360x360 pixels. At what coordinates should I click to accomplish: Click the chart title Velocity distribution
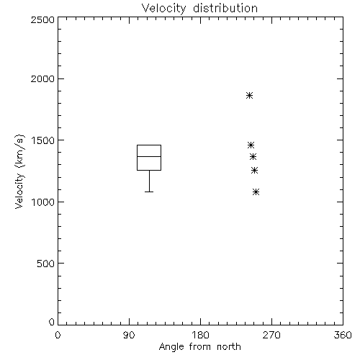199,8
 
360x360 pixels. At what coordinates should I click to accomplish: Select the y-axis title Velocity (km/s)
19,171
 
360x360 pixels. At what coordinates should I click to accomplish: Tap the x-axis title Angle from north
199,347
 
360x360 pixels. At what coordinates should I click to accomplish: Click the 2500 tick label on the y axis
42,19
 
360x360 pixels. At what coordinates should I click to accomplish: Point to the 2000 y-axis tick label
42,78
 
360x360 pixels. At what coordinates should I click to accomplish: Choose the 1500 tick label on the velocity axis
43,140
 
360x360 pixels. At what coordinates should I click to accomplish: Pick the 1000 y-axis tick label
43,202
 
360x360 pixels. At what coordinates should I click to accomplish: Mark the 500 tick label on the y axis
45,264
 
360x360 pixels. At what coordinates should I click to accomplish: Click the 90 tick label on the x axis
129,335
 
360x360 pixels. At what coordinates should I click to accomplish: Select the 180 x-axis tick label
200,335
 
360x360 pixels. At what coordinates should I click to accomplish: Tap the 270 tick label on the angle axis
271,335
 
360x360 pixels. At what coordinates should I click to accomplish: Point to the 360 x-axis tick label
343,335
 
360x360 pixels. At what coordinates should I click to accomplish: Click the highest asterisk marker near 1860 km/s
249,96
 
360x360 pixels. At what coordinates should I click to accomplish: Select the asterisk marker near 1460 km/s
251,145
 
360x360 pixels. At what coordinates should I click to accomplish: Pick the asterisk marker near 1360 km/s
253,157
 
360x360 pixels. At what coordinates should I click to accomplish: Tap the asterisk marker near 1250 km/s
254,171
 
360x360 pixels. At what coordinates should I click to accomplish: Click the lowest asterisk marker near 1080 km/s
256,192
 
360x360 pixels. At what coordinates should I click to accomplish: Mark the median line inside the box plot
149,156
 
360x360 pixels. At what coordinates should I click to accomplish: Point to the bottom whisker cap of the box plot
149,192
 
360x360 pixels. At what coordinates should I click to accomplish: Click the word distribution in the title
225,8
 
